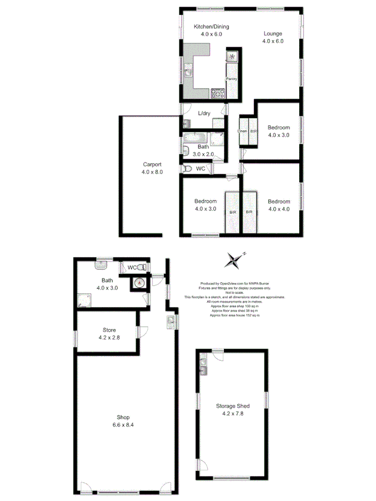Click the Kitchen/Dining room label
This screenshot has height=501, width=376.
click(x=211, y=27)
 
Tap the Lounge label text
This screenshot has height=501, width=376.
click(x=273, y=33)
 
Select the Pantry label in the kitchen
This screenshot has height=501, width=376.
click(x=231, y=79)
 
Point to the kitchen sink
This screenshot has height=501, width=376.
click(x=188, y=71)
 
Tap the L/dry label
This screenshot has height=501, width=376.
click(x=203, y=114)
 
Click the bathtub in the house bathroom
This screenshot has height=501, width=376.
click(x=195, y=137)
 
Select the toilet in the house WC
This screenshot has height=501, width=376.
click(x=187, y=169)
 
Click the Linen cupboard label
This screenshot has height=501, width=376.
click(x=242, y=131)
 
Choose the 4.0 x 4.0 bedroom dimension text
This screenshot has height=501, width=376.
click(x=279, y=209)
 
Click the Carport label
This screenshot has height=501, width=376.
click(x=152, y=164)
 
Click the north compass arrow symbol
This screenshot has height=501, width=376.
click(x=236, y=259)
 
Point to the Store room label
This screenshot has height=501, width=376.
click(x=109, y=330)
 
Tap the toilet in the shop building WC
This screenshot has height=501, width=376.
click(x=143, y=268)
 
